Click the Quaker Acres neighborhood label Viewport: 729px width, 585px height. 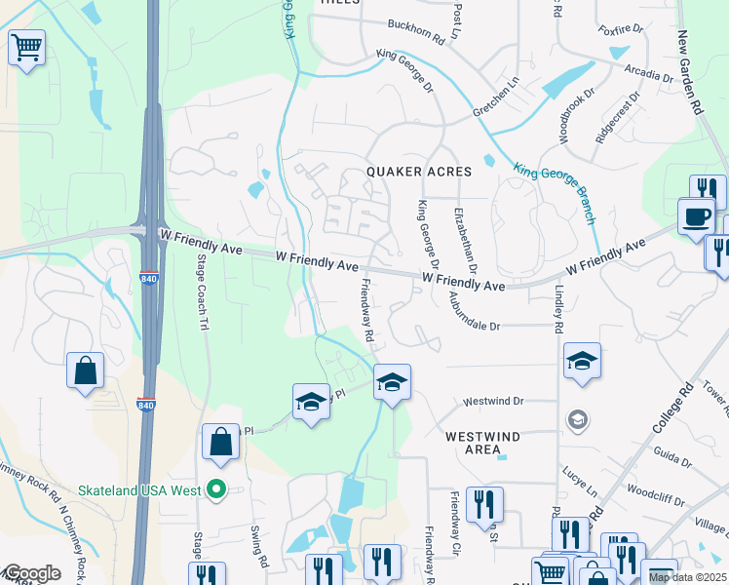coord(419,172)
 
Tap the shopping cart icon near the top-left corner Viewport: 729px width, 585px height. coord(26,46)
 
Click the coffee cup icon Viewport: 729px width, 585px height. coord(696,215)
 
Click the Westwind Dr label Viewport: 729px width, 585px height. coord(493,401)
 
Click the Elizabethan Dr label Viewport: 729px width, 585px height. coord(467,239)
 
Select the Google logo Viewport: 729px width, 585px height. coord(31,572)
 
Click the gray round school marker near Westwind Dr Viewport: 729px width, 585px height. coord(578,420)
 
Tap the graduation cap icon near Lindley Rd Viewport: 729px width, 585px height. coord(582,361)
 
